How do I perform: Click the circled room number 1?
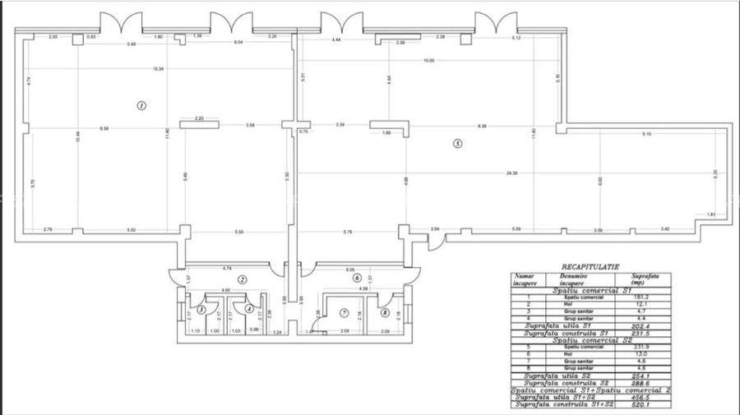tap(141, 105)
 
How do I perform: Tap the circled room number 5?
tap(458, 144)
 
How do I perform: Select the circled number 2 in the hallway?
tap(242, 279)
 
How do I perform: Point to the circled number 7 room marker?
tap(345, 312)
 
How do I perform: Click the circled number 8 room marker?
tap(384, 312)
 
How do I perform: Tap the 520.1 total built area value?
tap(644, 404)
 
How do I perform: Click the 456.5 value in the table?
tap(644, 397)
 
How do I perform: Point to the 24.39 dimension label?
tap(511, 173)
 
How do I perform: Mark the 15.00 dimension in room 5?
tap(429, 62)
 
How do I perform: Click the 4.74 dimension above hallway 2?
tap(226, 269)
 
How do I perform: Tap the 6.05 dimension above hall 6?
tap(350, 269)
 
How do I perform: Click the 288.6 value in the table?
tap(644, 383)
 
